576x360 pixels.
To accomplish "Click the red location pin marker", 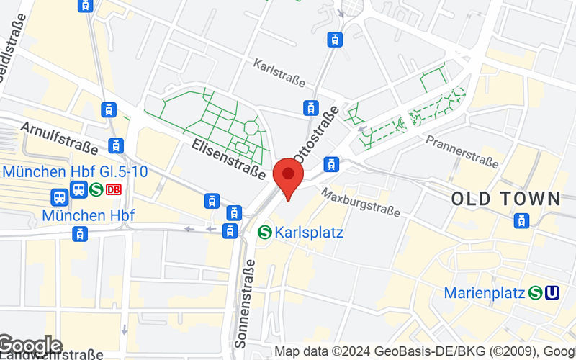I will [x=289, y=177].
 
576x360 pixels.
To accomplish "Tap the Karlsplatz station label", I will [x=309, y=233].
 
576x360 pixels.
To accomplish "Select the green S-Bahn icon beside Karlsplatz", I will [x=264, y=232].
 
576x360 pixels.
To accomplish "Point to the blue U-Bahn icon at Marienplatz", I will [x=553, y=293].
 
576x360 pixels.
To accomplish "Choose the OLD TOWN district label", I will [x=505, y=199].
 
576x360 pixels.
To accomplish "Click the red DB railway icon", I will [x=112, y=190].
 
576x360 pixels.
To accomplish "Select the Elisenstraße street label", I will [x=229, y=158].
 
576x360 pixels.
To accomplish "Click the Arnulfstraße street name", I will [x=59, y=136].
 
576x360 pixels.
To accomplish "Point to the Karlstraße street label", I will [x=279, y=73].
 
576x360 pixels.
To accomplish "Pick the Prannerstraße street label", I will [x=462, y=150].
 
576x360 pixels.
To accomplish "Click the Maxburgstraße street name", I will [x=361, y=202].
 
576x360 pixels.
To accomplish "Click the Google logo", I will [x=30, y=346].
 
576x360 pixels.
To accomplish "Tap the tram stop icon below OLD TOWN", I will [x=522, y=221].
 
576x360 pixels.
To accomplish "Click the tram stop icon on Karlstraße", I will [x=310, y=108].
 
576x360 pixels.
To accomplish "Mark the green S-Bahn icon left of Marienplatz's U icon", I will [x=535, y=293].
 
